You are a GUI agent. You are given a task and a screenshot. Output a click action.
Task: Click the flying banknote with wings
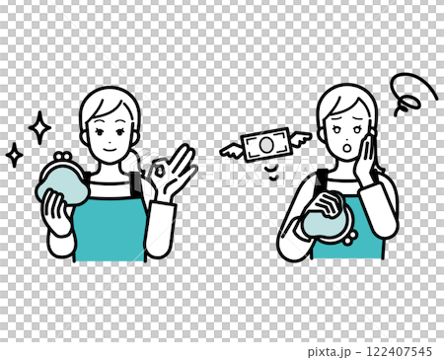[x=265, y=145]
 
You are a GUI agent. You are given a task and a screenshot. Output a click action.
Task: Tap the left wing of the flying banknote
[x=231, y=151]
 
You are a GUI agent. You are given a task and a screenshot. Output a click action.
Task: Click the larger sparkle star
[x=39, y=127]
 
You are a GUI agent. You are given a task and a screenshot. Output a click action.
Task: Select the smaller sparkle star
[x=15, y=155]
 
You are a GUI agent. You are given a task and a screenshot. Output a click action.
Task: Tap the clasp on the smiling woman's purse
[x=63, y=155]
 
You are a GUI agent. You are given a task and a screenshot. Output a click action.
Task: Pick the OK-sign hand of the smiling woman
[x=171, y=171]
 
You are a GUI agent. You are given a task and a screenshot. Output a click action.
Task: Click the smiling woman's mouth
[x=111, y=150]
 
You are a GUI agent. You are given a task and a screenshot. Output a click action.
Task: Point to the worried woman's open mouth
[x=346, y=148]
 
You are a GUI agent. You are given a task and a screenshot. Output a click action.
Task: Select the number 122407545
[x=399, y=351]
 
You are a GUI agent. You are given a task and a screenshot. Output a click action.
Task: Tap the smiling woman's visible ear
[x=84, y=137]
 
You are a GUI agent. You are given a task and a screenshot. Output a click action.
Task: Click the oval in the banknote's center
[x=265, y=145]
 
